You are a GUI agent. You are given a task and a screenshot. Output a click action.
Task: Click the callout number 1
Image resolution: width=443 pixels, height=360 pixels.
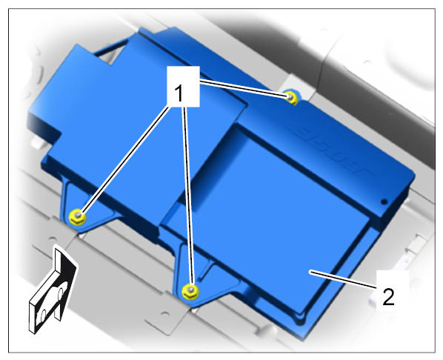point(179,93)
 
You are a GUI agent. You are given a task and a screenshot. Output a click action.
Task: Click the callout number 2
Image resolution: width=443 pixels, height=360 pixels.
point(388,297)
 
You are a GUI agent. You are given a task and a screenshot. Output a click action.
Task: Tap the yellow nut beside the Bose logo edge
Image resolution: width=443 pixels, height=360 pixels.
point(291,98)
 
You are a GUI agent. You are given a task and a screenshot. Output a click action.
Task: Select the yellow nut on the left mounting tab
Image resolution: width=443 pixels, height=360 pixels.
point(77,217)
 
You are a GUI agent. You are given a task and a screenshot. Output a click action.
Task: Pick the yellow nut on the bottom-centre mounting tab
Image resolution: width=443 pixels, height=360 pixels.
point(190,292)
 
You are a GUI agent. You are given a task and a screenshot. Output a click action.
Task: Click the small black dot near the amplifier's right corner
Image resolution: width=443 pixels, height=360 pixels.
point(384,201)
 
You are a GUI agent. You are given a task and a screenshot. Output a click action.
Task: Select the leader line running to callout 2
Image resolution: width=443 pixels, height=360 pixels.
point(342,279)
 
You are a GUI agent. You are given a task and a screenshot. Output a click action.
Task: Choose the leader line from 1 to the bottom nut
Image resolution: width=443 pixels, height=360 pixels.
point(188,196)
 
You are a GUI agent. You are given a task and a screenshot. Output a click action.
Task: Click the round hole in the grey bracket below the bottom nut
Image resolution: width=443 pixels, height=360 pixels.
point(165,315)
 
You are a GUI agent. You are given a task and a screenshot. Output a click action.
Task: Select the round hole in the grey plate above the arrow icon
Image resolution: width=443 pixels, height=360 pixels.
point(53,239)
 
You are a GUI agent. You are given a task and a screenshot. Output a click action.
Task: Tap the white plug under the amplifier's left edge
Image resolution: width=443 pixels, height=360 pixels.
point(37,142)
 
